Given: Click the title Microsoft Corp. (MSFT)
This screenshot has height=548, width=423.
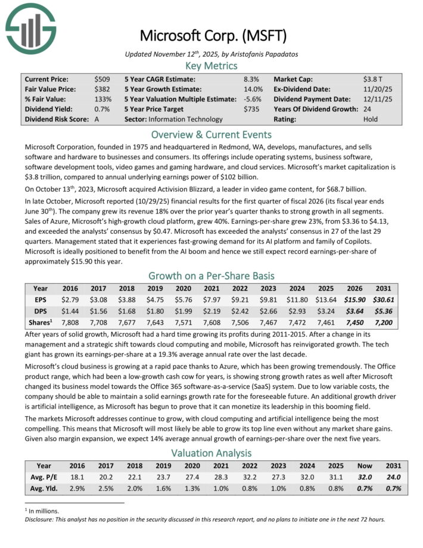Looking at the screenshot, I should (x=211, y=35).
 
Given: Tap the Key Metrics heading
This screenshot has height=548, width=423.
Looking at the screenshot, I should (x=211, y=66).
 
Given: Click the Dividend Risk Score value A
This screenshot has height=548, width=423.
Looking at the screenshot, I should (x=97, y=119).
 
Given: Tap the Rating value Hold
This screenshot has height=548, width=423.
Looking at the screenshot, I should (x=371, y=119).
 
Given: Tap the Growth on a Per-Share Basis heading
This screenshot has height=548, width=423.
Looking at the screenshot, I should (x=211, y=275).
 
